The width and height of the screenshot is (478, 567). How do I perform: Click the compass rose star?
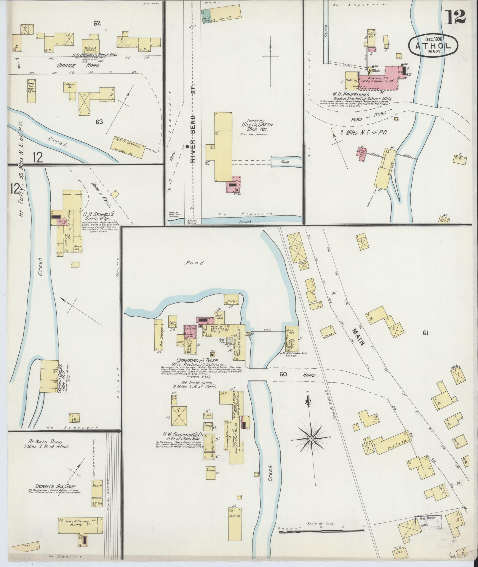click(311, 438)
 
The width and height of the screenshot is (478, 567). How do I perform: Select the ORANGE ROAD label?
click(83, 66)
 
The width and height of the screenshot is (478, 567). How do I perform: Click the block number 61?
click(426, 333)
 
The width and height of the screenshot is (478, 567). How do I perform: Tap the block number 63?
click(99, 122)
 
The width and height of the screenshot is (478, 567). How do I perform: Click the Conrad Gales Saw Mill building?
click(49, 376)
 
